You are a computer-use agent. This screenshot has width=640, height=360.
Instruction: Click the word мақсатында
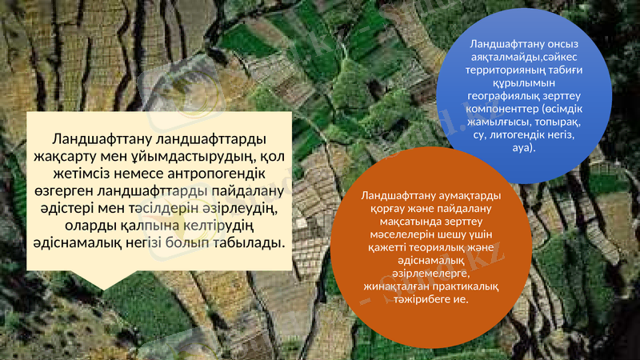coord(394,222)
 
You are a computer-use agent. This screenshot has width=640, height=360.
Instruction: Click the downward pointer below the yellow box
coord(102,276)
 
